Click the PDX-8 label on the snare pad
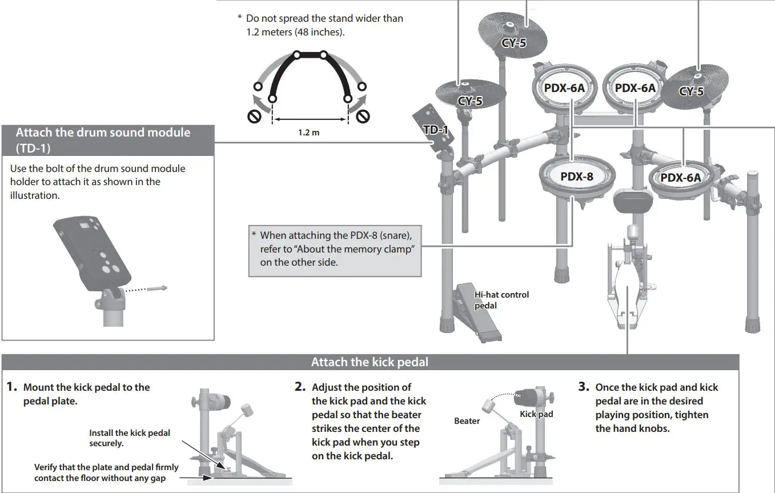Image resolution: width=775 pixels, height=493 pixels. [576, 177]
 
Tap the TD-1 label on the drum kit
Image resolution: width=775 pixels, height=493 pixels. [435, 130]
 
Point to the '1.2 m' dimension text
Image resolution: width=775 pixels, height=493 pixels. [308, 133]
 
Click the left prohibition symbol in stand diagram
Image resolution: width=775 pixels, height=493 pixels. [255, 117]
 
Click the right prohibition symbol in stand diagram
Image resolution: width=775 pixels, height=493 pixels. [363, 117]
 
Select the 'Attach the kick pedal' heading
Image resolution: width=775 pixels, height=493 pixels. [370, 362]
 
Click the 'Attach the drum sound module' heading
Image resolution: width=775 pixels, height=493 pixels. [103, 133]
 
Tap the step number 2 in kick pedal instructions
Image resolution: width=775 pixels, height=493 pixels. [301, 387]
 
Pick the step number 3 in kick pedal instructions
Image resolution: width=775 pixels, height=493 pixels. [584, 387]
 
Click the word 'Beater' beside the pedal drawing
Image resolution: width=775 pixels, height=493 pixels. [467, 421]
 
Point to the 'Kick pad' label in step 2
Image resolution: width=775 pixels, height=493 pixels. [536, 414]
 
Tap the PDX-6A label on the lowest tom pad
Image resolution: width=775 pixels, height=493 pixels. [680, 178]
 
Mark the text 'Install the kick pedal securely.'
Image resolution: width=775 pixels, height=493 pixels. [129, 438]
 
